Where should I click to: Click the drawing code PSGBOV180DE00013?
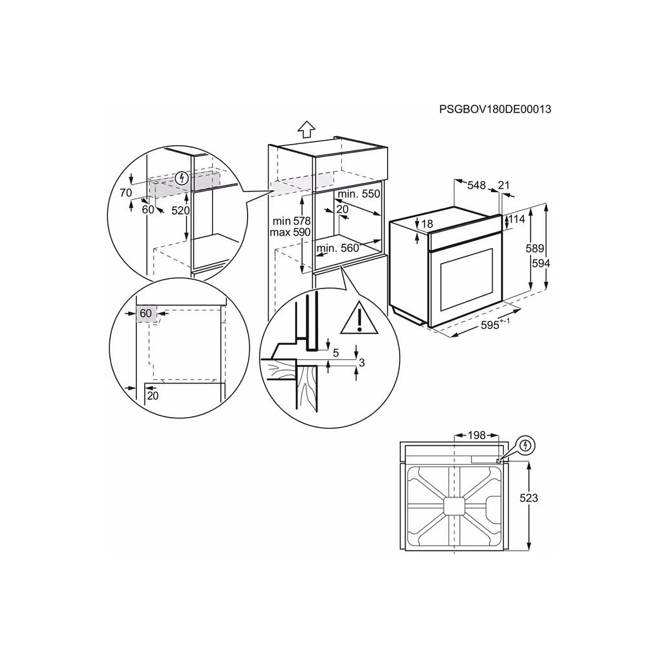coord(495,109)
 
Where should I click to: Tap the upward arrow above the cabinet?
coord(307,129)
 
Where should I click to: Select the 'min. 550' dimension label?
coord(359,194)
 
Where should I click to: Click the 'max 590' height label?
coord(290,232)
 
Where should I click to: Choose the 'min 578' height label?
coord(290,220)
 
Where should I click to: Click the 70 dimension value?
coord(125,193)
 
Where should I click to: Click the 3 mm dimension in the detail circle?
coord(361,363)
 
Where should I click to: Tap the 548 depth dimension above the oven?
coord(476,185)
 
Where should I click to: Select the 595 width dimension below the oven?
coord(493,326)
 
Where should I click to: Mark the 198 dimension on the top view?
coord(476,436)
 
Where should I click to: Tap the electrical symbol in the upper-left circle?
coord(184,178)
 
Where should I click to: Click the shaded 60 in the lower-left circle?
coord(146,313)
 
